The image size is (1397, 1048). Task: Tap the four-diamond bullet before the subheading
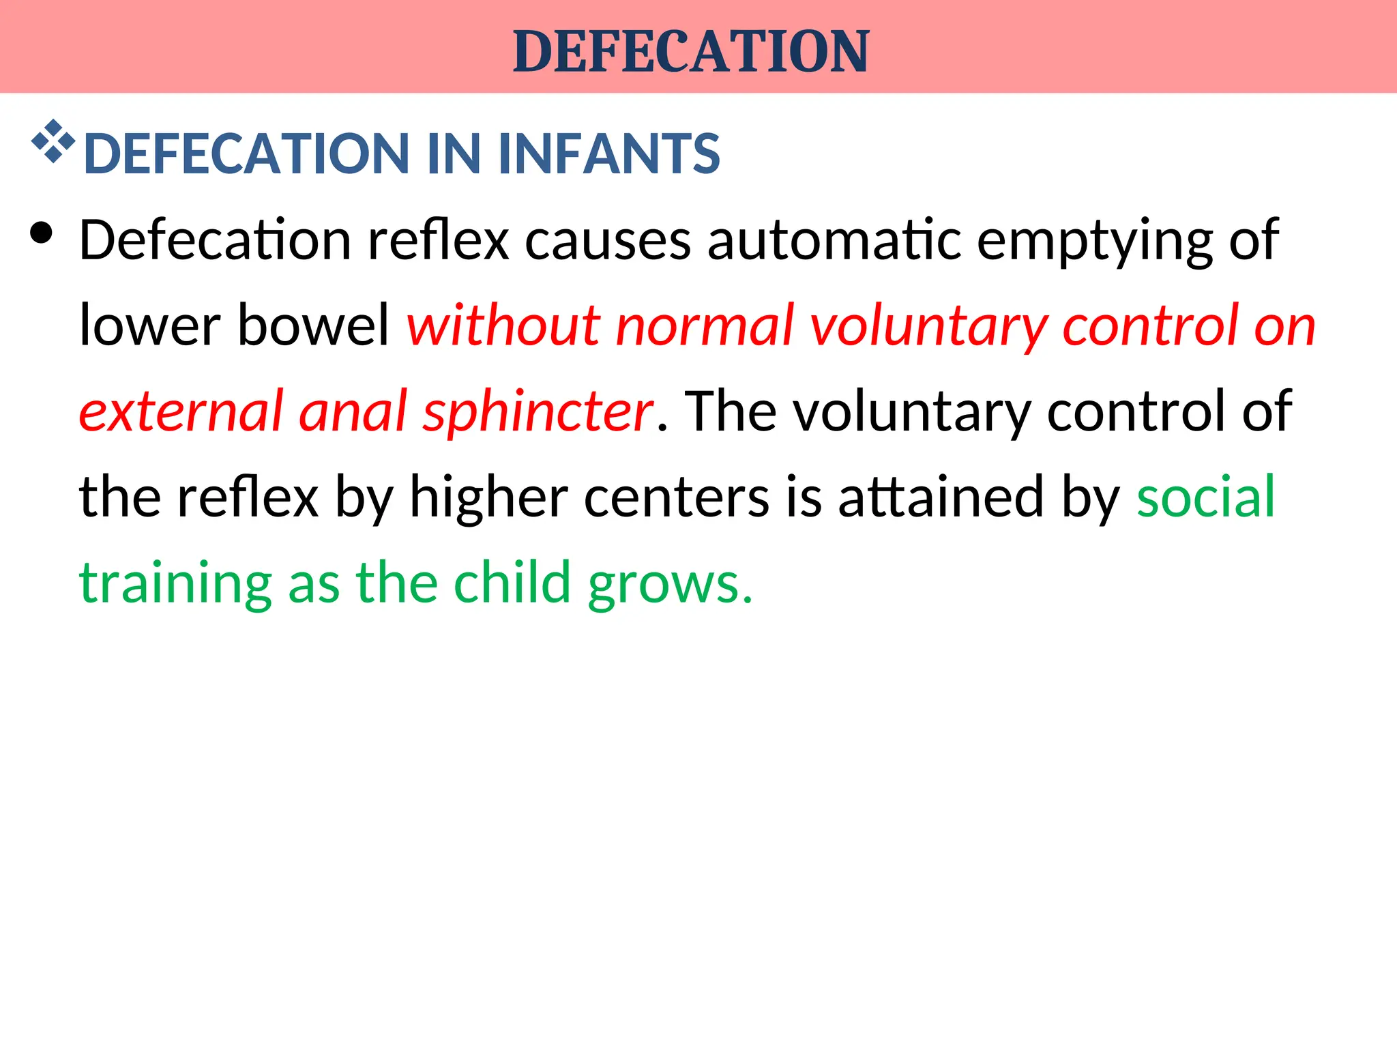click(x=53, y=142)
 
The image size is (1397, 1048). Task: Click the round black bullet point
click(x=42, y=233)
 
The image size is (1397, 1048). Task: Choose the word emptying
click(x=1095, y=242)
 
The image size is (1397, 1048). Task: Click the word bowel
click(x=313, y=324)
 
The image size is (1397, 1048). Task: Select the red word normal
click(x=706, y=326)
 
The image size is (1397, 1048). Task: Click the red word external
click(x=181, y=411)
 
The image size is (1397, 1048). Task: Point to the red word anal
click(x=353, y=411)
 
